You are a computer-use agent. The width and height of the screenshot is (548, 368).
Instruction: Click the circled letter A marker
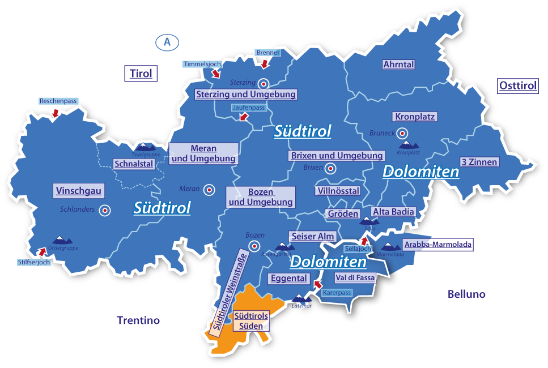[167, 42]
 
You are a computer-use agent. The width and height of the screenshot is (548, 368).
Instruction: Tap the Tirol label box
[141, 74]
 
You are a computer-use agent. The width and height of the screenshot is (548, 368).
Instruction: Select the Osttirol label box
[517, 86]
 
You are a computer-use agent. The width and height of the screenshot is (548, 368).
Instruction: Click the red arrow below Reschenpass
[55, 113]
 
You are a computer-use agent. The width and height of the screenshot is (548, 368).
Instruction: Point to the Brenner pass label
[268, 53]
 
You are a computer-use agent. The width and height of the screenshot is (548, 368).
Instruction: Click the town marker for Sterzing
[264, 83]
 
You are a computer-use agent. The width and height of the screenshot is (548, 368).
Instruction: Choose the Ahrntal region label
[398, 65]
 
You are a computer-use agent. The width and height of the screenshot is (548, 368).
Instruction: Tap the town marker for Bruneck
[402, 134]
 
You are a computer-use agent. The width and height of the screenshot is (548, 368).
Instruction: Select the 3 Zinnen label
[479, 162]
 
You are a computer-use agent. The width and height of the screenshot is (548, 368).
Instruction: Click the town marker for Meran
[209, 190]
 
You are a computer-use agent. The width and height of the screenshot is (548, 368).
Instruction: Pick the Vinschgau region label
[79, 191]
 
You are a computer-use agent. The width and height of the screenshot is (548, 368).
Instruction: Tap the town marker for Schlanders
[105, 211]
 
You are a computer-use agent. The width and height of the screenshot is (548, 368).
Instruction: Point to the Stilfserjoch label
[33, 263]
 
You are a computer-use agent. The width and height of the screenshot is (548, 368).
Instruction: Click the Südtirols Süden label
[251, 321]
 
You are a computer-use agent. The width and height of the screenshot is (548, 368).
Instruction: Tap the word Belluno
[466, 294]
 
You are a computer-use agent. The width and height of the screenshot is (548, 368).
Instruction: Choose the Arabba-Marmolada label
[437, 245]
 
